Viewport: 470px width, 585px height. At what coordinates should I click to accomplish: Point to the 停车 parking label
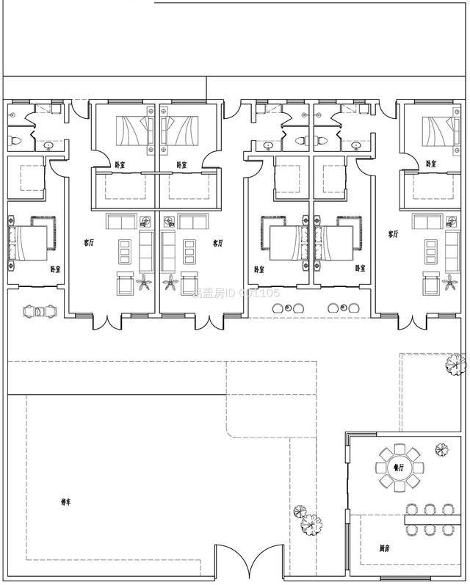[x=66, y=502]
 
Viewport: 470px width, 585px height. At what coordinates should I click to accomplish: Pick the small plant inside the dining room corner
[x=442, y=448]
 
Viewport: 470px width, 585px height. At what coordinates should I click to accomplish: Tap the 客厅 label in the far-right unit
[x=394, y=234]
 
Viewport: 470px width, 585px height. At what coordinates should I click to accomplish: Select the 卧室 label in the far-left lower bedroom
[x=56, y=269]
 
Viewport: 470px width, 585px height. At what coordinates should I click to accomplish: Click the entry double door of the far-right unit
[x=409, y=321]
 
